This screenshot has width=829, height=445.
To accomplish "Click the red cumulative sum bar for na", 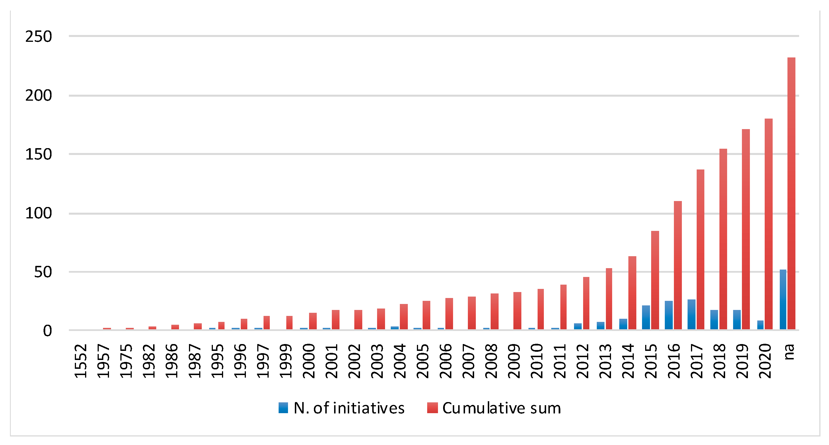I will (x=791, y=193).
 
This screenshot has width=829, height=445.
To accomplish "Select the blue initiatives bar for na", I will (x=783, y=299).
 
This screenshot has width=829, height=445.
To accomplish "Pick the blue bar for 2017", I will (x=691, y=314).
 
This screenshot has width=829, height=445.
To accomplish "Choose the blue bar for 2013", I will (x=600, y=325).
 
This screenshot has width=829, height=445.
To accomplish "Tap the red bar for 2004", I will (x=404, y=316).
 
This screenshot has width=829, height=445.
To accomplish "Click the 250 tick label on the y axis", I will (x=38, y=37).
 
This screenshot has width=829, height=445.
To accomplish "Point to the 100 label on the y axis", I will (x=38, y=213).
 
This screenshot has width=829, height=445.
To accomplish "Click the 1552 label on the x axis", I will (x=81, y=361).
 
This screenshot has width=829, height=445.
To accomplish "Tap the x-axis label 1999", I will (x=286, y=361).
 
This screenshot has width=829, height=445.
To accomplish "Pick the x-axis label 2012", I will (x=582, y=361).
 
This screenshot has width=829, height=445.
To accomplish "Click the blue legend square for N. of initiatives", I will (x=283, y=408).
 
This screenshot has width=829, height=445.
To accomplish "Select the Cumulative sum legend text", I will (x=501, y=408).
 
